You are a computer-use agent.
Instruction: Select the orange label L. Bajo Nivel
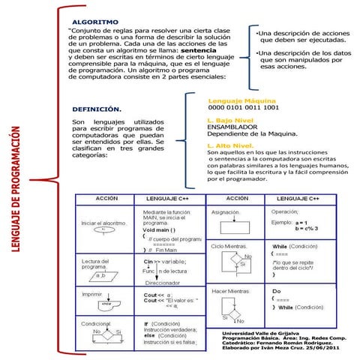(x=230, y=119)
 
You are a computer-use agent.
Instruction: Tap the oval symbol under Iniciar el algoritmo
(x=103, y=232)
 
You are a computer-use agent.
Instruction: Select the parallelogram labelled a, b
(x=100, y=277)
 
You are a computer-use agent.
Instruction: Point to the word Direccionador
(x=167, y=283)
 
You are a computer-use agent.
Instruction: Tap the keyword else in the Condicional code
(x=148, y=335)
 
